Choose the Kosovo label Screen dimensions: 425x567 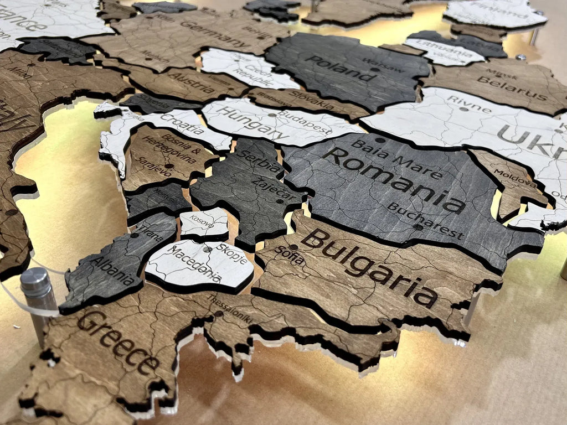(x=202, y=221)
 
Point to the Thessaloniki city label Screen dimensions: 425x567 (x=230, y=310)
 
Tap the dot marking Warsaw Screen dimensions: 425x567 (x=375, y=70)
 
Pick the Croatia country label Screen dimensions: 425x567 (x=183, y=125)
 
